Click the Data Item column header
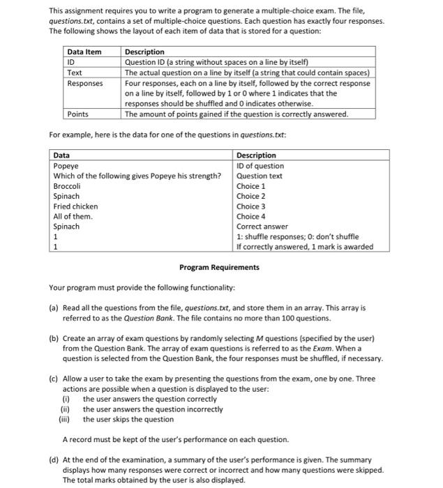(x=84, y=52)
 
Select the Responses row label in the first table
(x=84, y=83)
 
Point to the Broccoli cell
(x=68, y=186)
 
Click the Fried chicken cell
(x=76, y=206)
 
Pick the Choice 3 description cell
(x=251, y=206)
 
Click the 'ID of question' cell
(x=260, y=166)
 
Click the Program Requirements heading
(x=219, y=267)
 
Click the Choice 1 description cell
(x=251, y=186)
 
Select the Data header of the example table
(x=61, y=155)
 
